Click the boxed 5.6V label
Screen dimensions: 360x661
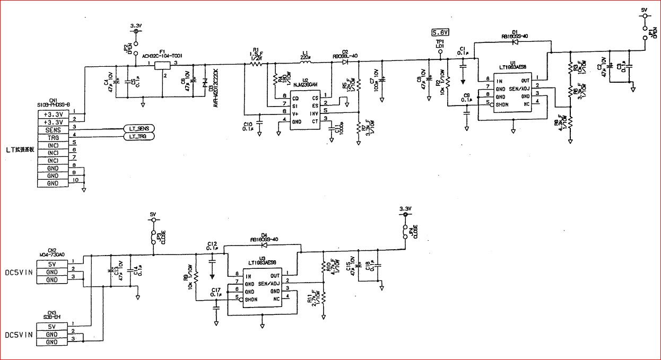coord(440,32)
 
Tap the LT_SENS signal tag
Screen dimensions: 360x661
coord(139,129)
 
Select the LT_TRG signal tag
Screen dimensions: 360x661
coord(138,137)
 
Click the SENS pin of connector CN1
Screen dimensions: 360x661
coord(53,129)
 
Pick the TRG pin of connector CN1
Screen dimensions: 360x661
coord(53,137)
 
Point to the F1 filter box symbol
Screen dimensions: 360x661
coord(162,65)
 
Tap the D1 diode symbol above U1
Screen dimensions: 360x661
coord(515,42)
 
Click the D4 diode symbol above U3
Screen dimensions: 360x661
coord(263,246)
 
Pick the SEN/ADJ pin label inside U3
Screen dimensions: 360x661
coord(268,284)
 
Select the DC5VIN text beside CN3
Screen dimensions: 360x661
coord(19,335)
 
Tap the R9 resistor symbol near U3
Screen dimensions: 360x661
coord(196,277)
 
